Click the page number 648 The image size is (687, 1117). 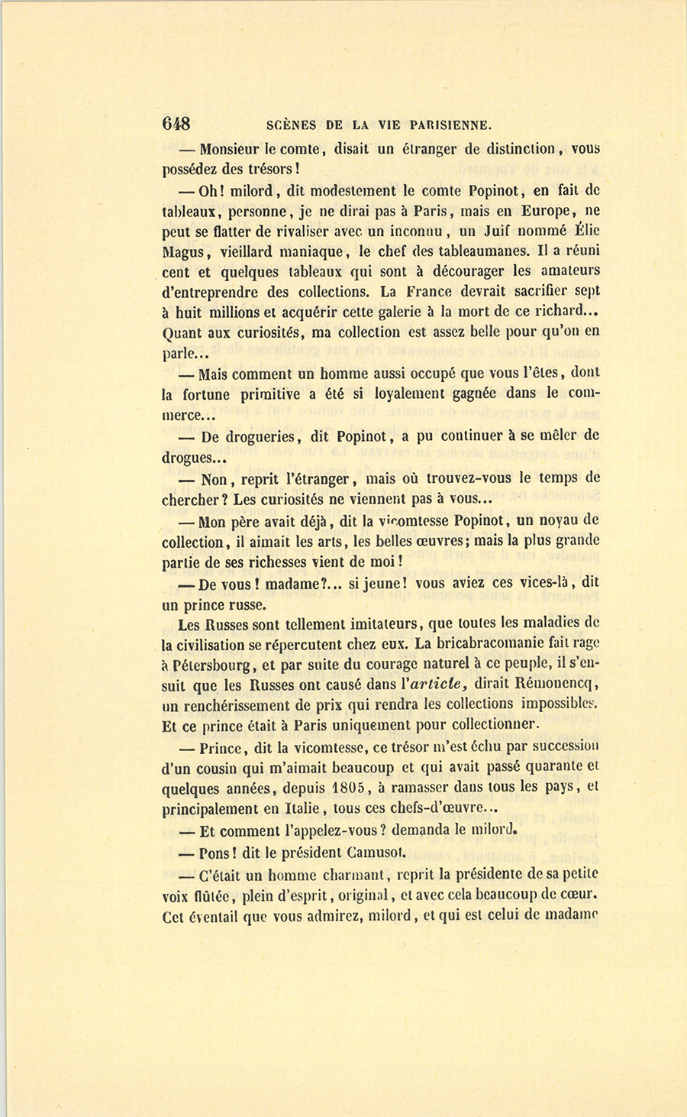point(176,124)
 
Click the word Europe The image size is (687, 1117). point(546,210)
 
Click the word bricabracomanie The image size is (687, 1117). point(470,643)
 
